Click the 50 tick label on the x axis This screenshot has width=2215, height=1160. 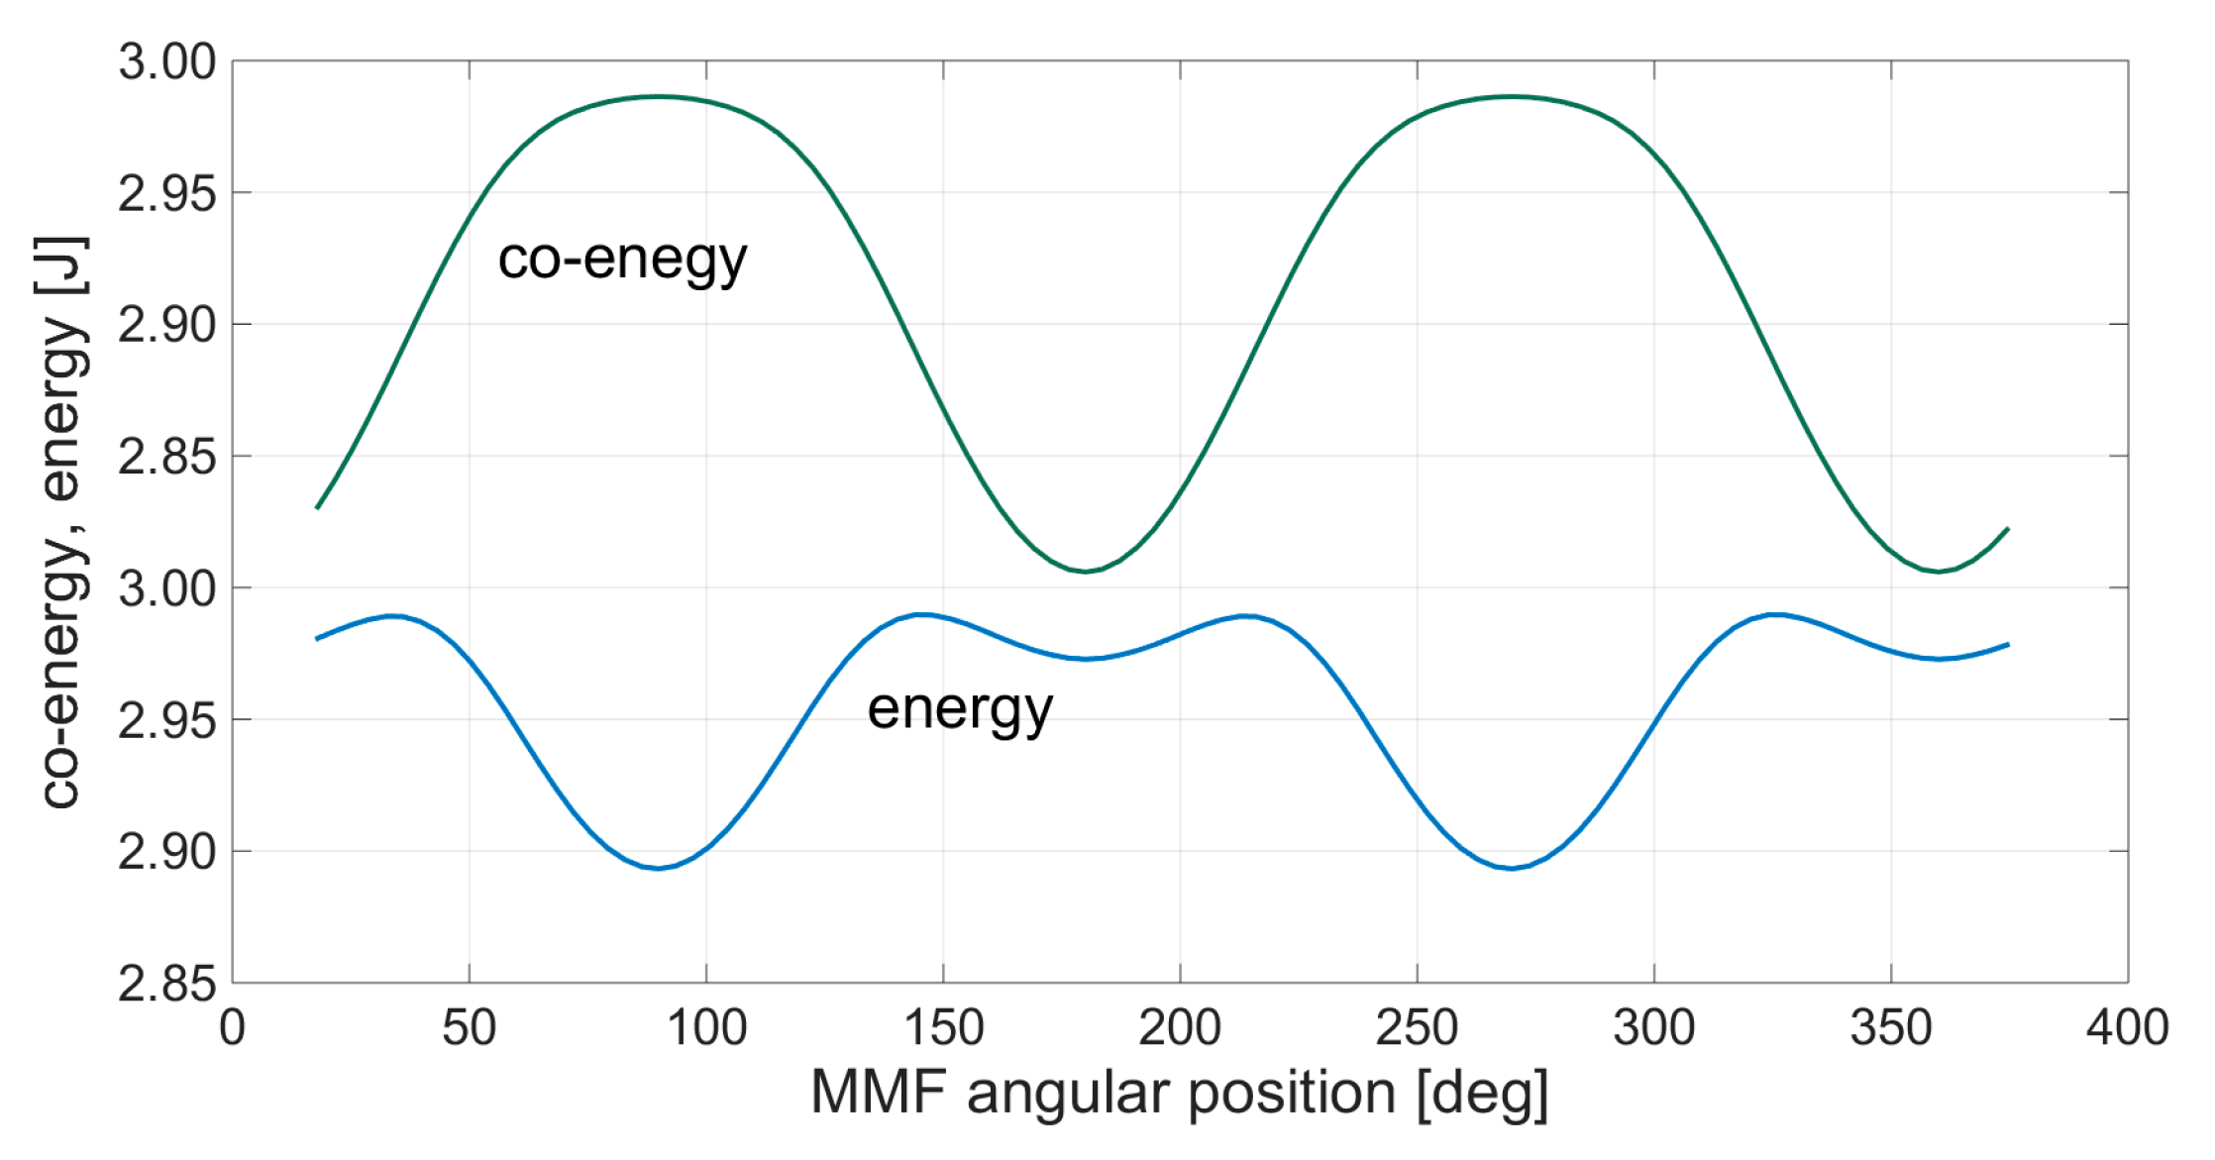469,1027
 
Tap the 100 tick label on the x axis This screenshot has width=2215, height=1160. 706,1027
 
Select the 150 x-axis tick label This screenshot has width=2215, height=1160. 943,1027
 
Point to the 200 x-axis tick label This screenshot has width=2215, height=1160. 1179,1027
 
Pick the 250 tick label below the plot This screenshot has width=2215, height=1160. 1417,1027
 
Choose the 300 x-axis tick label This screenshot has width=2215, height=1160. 1653,1027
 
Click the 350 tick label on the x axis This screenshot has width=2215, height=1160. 1890,1027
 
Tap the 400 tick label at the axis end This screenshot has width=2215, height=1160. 2127,1027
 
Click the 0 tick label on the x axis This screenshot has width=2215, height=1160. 232,1027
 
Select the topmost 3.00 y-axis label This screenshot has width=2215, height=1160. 166,62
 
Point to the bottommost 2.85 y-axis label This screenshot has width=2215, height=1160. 166,984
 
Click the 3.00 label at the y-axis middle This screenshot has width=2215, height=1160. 166,589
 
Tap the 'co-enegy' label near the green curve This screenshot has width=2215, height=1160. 622,260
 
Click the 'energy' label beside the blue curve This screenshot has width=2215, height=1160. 959,709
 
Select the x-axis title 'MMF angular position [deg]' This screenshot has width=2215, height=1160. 1179,1094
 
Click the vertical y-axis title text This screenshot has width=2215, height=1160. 61,522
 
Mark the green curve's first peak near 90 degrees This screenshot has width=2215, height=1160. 659,96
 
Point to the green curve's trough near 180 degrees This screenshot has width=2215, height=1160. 1086,571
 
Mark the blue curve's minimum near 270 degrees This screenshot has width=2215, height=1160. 1512,868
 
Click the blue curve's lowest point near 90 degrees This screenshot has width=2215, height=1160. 659,868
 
